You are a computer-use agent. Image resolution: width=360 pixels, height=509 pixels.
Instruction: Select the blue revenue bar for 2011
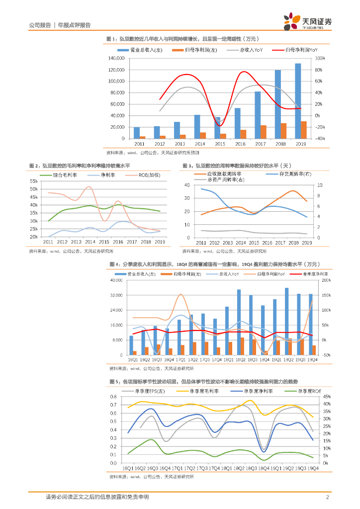pos(136,133)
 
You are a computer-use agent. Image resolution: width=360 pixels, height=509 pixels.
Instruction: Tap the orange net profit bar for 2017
pos(264,132)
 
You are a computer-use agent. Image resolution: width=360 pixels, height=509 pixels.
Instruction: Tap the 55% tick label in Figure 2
pos(34,181)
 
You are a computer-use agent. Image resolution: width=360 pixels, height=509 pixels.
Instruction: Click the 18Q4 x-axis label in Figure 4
pos(264,359)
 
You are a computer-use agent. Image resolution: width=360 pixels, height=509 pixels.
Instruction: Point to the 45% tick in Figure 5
pos(326,397)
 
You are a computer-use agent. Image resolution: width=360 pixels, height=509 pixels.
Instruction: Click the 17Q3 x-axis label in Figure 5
pos(201,468)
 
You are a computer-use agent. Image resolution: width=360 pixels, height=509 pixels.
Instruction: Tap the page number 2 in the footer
pos(327,497)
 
